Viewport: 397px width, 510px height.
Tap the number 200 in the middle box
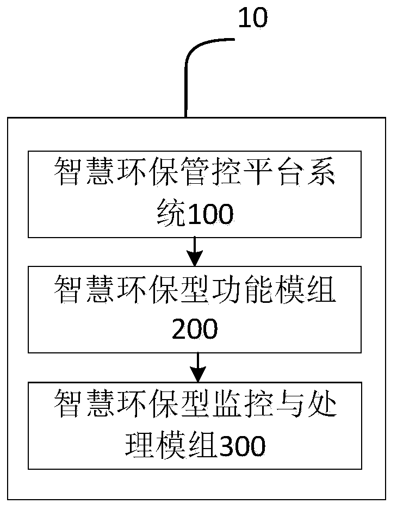[195, 329]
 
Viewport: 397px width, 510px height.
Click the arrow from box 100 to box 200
[195, 251]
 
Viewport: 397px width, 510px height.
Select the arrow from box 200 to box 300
[198, 367]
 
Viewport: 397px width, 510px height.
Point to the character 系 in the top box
[320, 171]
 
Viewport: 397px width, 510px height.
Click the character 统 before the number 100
[171, 213]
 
